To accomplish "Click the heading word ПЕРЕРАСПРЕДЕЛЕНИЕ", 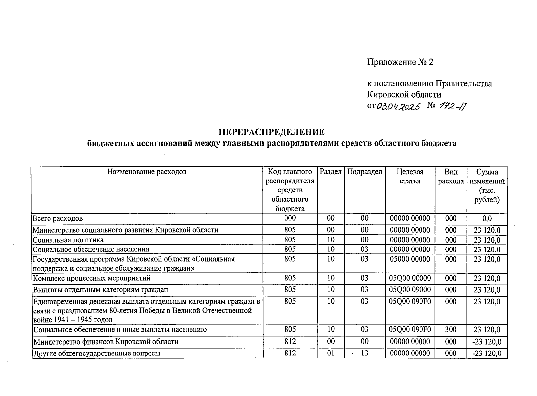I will (x=272, y=132).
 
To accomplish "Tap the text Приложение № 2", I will (x=400, y=62).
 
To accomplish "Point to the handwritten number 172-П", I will (x=453, y=106).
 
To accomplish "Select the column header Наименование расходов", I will (x=147, y=172).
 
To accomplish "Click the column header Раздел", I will (x=331, y=172).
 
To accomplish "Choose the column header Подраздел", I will (x=365, y=172).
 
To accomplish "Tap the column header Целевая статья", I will (x=410, y=176).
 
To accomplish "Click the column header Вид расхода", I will (x=451, y=176).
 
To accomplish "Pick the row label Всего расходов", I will (x=57, y=218).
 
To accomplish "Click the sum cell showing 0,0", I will (x=487, y=218).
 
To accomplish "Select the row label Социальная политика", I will (x=68, y=240).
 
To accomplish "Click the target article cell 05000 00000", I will (x=410, y=259).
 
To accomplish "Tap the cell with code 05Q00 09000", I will (x=410, y=290).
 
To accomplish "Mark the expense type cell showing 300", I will (x=451, y=329).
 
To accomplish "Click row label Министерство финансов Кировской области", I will (x=106, y=342).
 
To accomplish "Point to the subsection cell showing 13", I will (x=364, y=353).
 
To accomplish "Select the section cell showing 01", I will (x=331, y=353).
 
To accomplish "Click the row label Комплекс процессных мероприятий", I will (x=92, y=278).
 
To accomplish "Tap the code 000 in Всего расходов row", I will (x=290, y=218).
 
